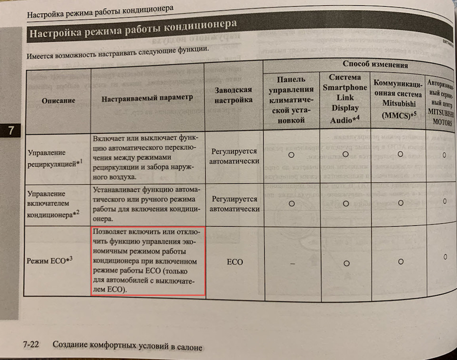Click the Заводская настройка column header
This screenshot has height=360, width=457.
pyautogui.click(x=233, y=95)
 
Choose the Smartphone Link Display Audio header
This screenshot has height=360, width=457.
pyautogui.click(x=345, y=99)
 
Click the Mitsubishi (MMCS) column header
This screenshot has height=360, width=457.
pyautogui.click(x=399, y=101)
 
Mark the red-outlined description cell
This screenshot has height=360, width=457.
pyautogui.click(x=148, y=261)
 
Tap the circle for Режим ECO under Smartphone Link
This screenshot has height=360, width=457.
pyautogui.click(x=346, y=263)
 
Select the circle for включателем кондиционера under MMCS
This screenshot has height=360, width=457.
pyautogui.click(x=401, y=203)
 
